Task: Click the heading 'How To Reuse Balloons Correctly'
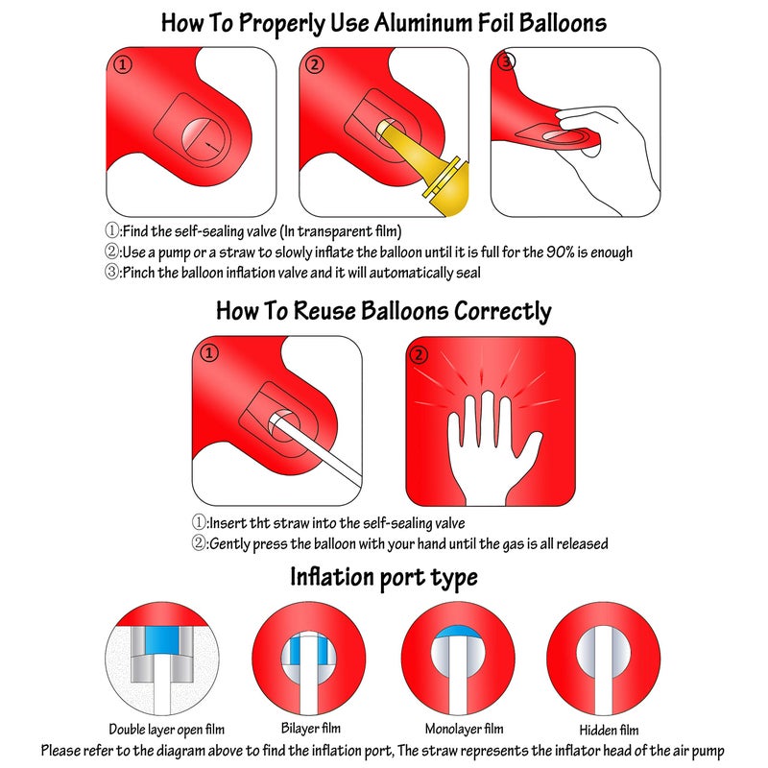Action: click(384, 311)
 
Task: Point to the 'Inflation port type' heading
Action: click(384, 578)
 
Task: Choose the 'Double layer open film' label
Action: click(160, 730)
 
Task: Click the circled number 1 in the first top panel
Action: click(122, 65)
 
